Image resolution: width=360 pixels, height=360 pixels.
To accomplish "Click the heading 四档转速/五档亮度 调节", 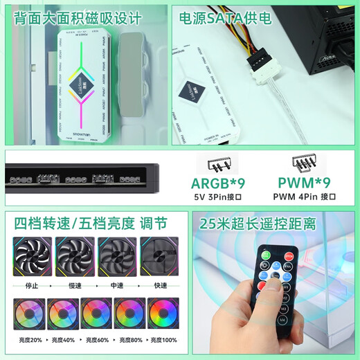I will pos(90,224).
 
